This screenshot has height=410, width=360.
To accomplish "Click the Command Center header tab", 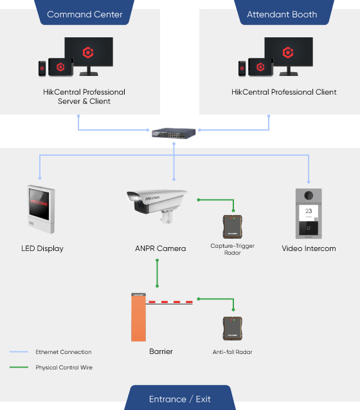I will click(x=84, y=14).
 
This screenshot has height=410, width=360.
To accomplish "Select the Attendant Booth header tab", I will click(x=282, y=14).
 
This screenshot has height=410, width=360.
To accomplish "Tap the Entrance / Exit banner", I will click(x=180, y=398).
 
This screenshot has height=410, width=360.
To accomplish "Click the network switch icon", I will click(x=174, y=133).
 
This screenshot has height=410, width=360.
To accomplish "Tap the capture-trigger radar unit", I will click(x=233, y=227).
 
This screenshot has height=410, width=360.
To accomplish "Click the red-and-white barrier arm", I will click(x=170, y=301).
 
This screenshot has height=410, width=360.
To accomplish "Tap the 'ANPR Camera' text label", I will click(x=160, y=248).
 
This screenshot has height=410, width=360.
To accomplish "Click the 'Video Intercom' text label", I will click(x=309, y=248).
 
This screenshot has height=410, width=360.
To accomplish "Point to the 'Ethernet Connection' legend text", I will click(x=64, y=352).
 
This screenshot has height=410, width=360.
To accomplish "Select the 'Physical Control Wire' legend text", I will click(x=64, y=368).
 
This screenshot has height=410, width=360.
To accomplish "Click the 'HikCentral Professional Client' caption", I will click(x=283, y=92).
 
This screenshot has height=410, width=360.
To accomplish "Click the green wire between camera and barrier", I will click(x=156, y=274).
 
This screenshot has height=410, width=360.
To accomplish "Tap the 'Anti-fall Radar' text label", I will click(x=232, y=352).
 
